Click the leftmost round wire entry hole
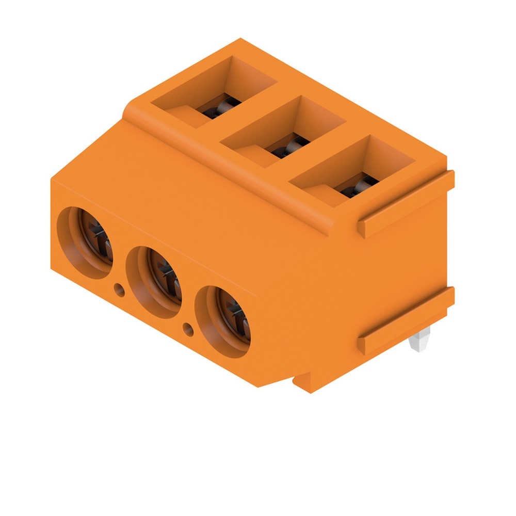tap(85, 243)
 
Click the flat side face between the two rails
tap(397, 263)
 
